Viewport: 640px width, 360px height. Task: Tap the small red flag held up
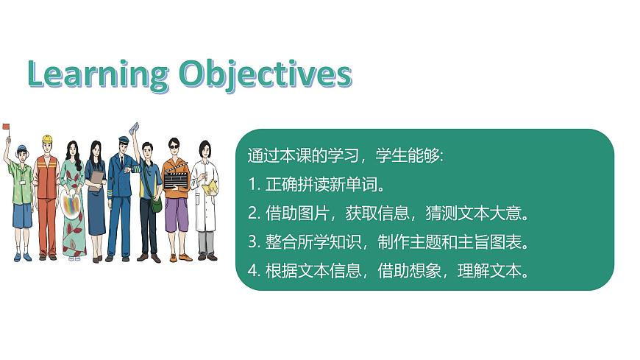pos(6,127)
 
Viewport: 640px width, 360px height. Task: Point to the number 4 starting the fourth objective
pos(251,270)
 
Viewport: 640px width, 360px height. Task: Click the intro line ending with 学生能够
pos(346,156)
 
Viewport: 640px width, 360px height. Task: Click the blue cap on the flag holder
pos(21,148)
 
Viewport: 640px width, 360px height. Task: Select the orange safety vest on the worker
pos(46,180)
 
